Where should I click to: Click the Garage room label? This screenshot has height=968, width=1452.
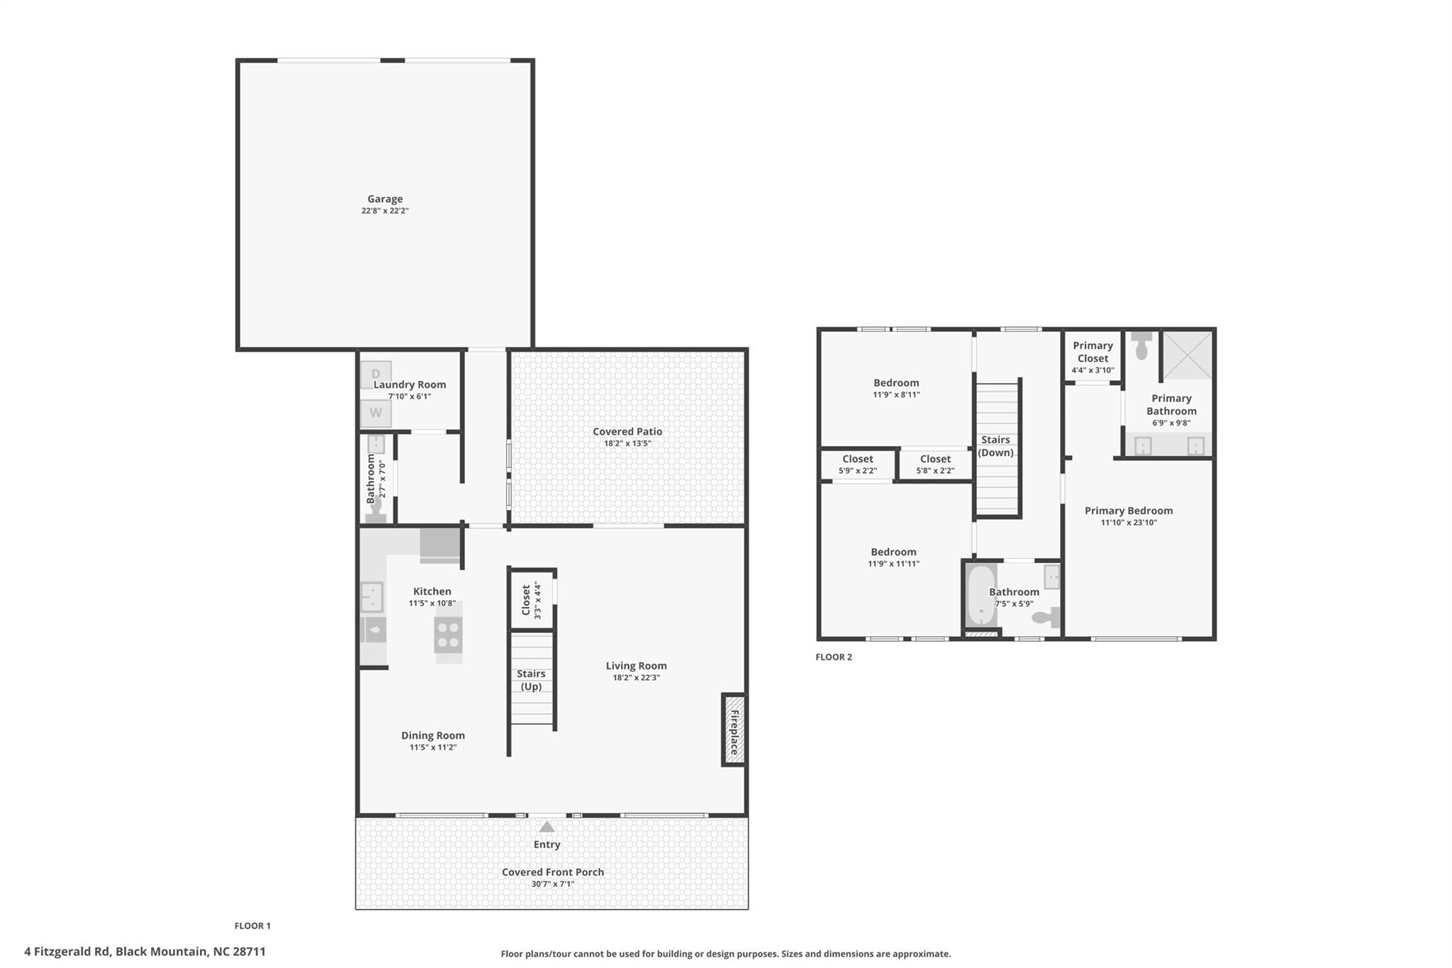click(x=385, y=199)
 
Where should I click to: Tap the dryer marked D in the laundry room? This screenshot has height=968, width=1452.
click(x=376, y=374)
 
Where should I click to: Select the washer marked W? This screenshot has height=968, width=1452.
click(x=376, y=413)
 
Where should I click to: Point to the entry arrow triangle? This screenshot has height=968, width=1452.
click(x=547, y=827)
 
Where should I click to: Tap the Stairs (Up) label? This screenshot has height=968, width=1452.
click(x=531, y=680)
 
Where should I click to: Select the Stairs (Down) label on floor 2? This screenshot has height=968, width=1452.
click(x=995, y=446)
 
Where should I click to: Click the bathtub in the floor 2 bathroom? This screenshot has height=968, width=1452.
click(x=981, y=596)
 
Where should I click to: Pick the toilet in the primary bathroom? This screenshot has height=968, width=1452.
click(x=1141, y=347)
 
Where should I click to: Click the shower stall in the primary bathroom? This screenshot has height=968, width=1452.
click(x=1188, y=355)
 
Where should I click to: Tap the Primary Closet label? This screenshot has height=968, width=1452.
click(x=1093, y=352)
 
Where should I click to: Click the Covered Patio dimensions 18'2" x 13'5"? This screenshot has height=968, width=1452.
click(x=627, y=444)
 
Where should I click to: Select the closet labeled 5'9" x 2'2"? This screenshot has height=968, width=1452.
click(x=858, y=464)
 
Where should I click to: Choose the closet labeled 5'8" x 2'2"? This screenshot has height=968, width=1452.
click(x=935, y=464)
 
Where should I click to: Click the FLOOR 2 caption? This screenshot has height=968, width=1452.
click(x=834, y=657)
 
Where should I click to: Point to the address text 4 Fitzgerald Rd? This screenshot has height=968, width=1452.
click(x=67, y=952)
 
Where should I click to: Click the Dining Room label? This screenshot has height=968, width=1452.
click(x=433, y=735)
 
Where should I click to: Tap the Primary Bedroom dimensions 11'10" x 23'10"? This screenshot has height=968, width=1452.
click(x=1129, y=523)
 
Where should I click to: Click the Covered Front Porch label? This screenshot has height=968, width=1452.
click(x=552, y=872)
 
